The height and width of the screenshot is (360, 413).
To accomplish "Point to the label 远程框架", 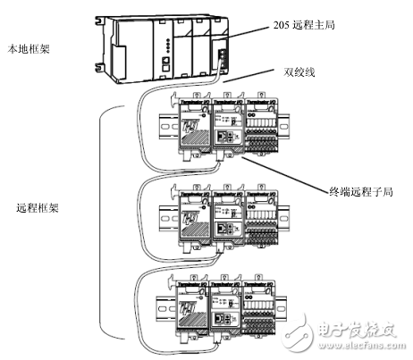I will (x=36, y=209).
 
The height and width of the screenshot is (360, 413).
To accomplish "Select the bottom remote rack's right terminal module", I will (x=265, y=303).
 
